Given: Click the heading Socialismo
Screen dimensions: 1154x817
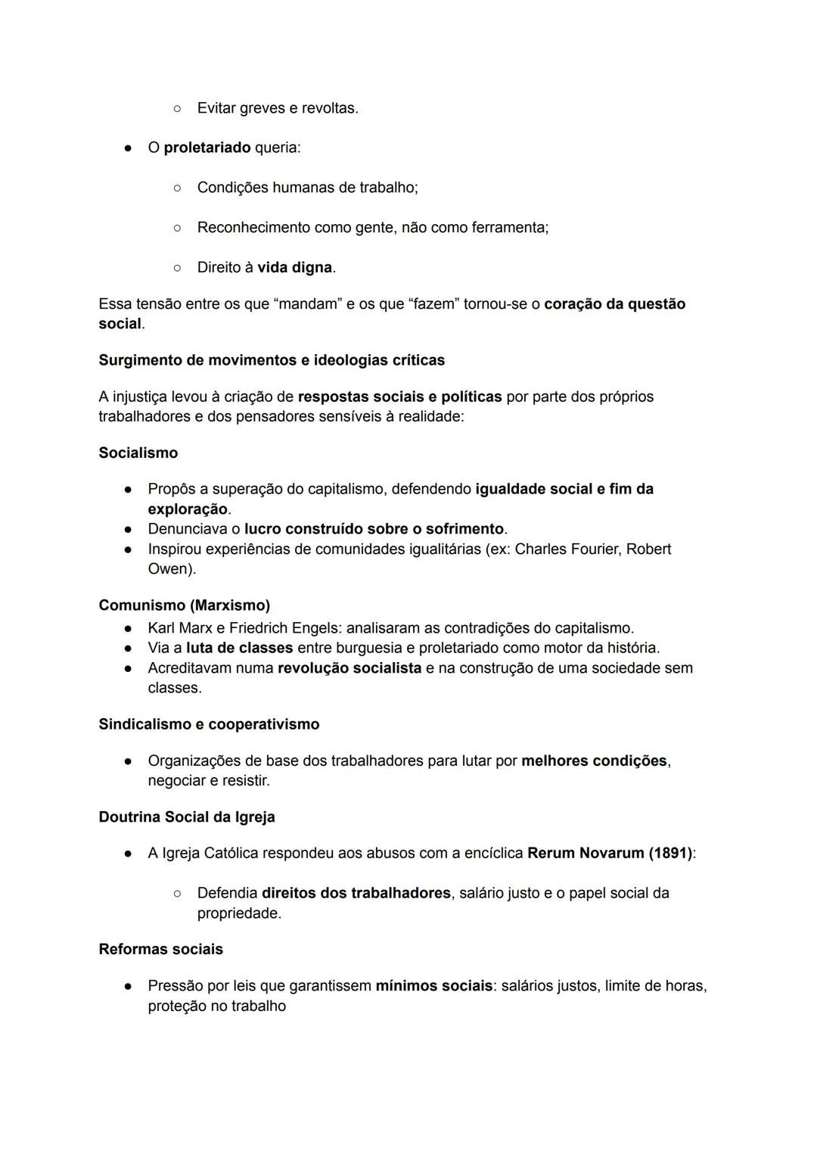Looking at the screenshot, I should [x=138, y=453].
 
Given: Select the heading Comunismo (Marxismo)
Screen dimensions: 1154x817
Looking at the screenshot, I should [x=184, y=605].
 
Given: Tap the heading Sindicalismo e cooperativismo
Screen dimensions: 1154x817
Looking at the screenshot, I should [x=209, y=724].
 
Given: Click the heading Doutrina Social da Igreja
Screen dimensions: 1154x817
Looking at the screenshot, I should [x=186, y=817].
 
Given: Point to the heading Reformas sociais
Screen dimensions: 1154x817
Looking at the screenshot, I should [x=160, y=949].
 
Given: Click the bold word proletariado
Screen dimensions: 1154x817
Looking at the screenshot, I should [x=207, y=148].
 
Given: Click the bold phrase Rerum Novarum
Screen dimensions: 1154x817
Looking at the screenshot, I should [x=586, y=853].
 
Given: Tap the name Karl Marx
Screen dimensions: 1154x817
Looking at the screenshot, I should [x=180, y=628].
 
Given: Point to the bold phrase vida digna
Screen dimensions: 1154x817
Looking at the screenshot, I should [x=294, y=267].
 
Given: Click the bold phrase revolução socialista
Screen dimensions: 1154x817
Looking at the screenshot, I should [x=349, y=668].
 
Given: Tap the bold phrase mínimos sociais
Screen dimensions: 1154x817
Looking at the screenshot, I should [x=433, y=986].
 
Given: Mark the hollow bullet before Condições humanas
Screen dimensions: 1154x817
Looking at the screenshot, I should [x=176, y=188].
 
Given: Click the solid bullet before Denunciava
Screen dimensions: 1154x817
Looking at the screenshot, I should [x=129, y=529].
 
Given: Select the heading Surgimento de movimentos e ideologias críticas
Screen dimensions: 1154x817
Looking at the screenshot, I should [x=272, y=360].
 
